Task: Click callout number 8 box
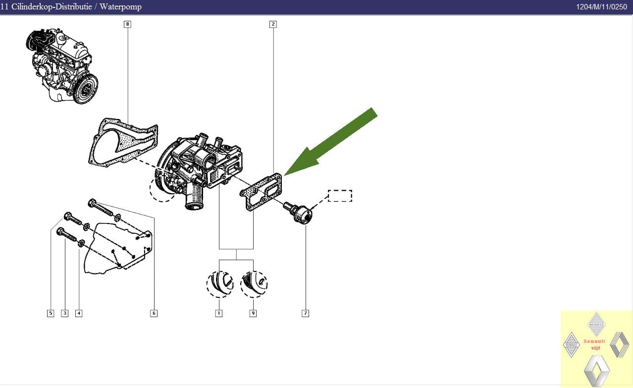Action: [127, 24]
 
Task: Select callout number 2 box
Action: [273, 24]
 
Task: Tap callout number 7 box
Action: [305, 313]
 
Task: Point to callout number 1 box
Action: [218, 313]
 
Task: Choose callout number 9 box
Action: [253, 313]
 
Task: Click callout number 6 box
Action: [154, 313]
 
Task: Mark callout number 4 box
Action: [79, 313]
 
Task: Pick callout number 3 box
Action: [64, 313]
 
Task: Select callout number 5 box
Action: [50, 313]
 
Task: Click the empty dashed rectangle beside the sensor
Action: [340, 196]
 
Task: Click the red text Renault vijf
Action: [595, 344]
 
